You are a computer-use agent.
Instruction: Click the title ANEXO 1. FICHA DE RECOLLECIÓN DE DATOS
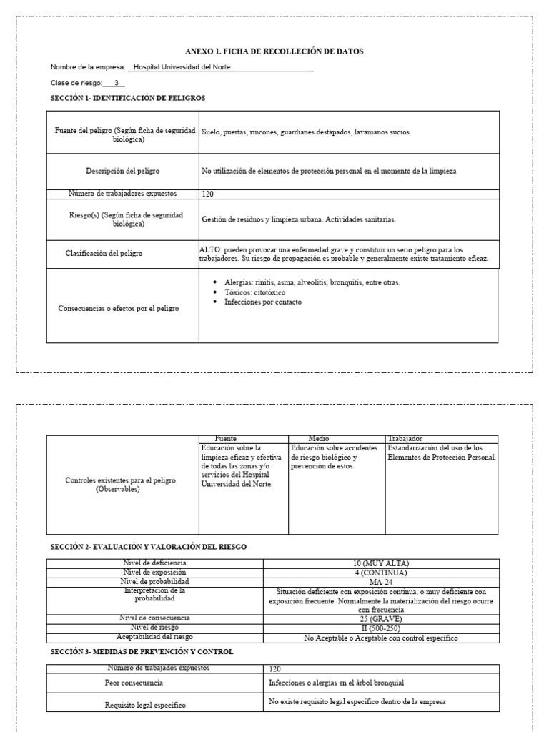click(x=274, y=51)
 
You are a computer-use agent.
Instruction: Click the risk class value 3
click(x=116, y=83)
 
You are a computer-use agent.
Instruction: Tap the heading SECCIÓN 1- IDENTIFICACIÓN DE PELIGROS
click(x=128, y=97)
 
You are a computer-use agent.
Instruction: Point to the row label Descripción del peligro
click(x=122, y=172)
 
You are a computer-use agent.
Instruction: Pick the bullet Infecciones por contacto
click(x=262, y=302)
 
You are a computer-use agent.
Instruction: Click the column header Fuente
click(x=226, y=438)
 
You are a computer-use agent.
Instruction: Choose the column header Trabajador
click(x=405, y=438)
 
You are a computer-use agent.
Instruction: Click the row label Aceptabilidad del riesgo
click(x=154, y=637)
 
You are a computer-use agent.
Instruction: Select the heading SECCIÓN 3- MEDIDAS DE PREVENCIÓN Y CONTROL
click(x=142, y=652)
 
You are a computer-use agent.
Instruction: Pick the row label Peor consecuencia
click(x=134, y=683)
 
